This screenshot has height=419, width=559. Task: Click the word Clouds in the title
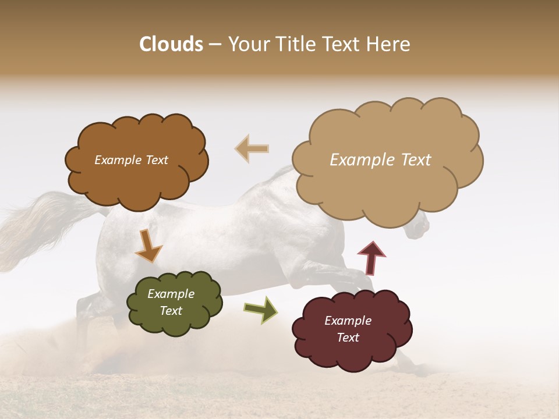pos(171,44)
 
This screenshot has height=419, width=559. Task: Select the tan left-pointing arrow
pos(252,148)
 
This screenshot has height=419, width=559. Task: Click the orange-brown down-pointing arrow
pos(148,246)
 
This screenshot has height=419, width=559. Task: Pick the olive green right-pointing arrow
pos(261,310)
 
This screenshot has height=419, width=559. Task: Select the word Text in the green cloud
pos(171,311)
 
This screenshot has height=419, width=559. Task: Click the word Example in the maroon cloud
pos(348,321)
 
